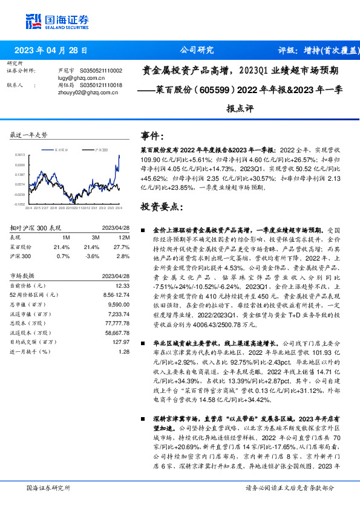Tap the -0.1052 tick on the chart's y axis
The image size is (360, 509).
click(x=19, y=204)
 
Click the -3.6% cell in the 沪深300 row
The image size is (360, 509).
click(x=93, y=256)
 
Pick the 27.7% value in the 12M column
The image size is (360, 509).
click(x=121, y=247)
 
